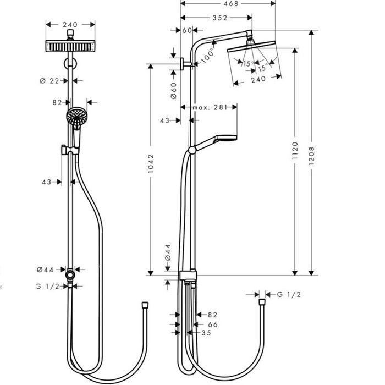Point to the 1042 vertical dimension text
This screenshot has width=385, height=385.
point(151,164)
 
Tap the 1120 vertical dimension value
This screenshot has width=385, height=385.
point(295,151)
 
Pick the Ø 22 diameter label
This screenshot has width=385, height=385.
point(50,80)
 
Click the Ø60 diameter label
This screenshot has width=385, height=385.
point(172,89)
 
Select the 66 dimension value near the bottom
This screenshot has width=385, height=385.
point(212,324)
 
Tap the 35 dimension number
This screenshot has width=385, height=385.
point(207,333)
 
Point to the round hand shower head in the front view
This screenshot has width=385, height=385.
point(76,117)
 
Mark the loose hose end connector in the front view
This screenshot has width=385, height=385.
point(144,304)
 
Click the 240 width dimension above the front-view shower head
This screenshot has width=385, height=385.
point(69,24)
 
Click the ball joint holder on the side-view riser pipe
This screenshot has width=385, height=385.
point(191,149)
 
